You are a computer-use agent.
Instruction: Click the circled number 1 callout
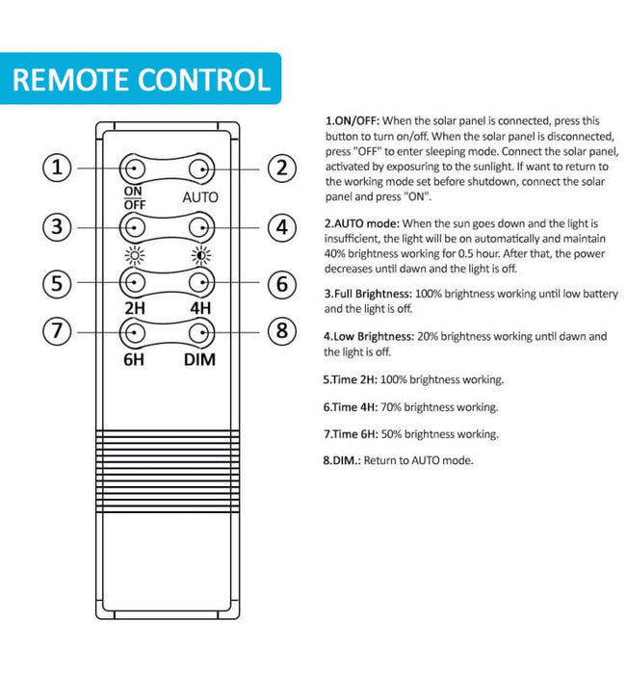click(x=60, y=168)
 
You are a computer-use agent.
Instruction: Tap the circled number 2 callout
click(x=279, y=168)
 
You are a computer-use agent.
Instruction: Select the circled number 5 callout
click(x=60, y=283)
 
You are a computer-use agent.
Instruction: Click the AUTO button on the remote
click(x=200, y=169)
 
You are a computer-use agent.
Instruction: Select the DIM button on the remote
click(x=200, y=333)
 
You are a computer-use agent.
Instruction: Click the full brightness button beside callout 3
click(x=133, y=227)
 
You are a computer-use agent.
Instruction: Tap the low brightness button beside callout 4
click(x=200, y=227)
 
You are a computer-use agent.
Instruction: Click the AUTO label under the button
click(x=200, y=197)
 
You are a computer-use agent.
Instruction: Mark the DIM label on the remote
click(x=200, y=359)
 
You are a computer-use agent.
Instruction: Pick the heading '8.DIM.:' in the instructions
click(x=344, y=460)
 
